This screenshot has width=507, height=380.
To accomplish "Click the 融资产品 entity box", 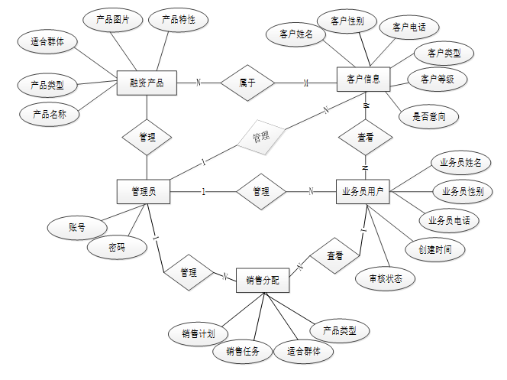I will (147, 82).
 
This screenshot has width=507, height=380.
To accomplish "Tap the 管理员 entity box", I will (144, 191).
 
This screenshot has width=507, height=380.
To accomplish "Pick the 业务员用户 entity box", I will (363, 191).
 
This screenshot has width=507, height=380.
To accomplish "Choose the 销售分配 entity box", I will (263, 281).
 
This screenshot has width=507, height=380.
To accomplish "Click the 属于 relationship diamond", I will (247, 82).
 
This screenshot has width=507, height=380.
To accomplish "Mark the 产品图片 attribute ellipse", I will (112, 20).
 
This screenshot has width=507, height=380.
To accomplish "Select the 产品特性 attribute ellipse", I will (179, 20).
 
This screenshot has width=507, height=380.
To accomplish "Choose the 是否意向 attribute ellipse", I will (429, 116).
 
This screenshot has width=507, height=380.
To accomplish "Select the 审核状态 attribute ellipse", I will (385, 278).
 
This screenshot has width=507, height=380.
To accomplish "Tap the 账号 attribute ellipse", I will (76, 227).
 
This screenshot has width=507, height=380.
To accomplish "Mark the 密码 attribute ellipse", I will (116, 248).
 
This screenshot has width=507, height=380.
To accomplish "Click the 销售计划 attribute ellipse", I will (197, 333).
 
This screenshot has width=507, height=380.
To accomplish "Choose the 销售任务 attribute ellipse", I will (242, 352).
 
